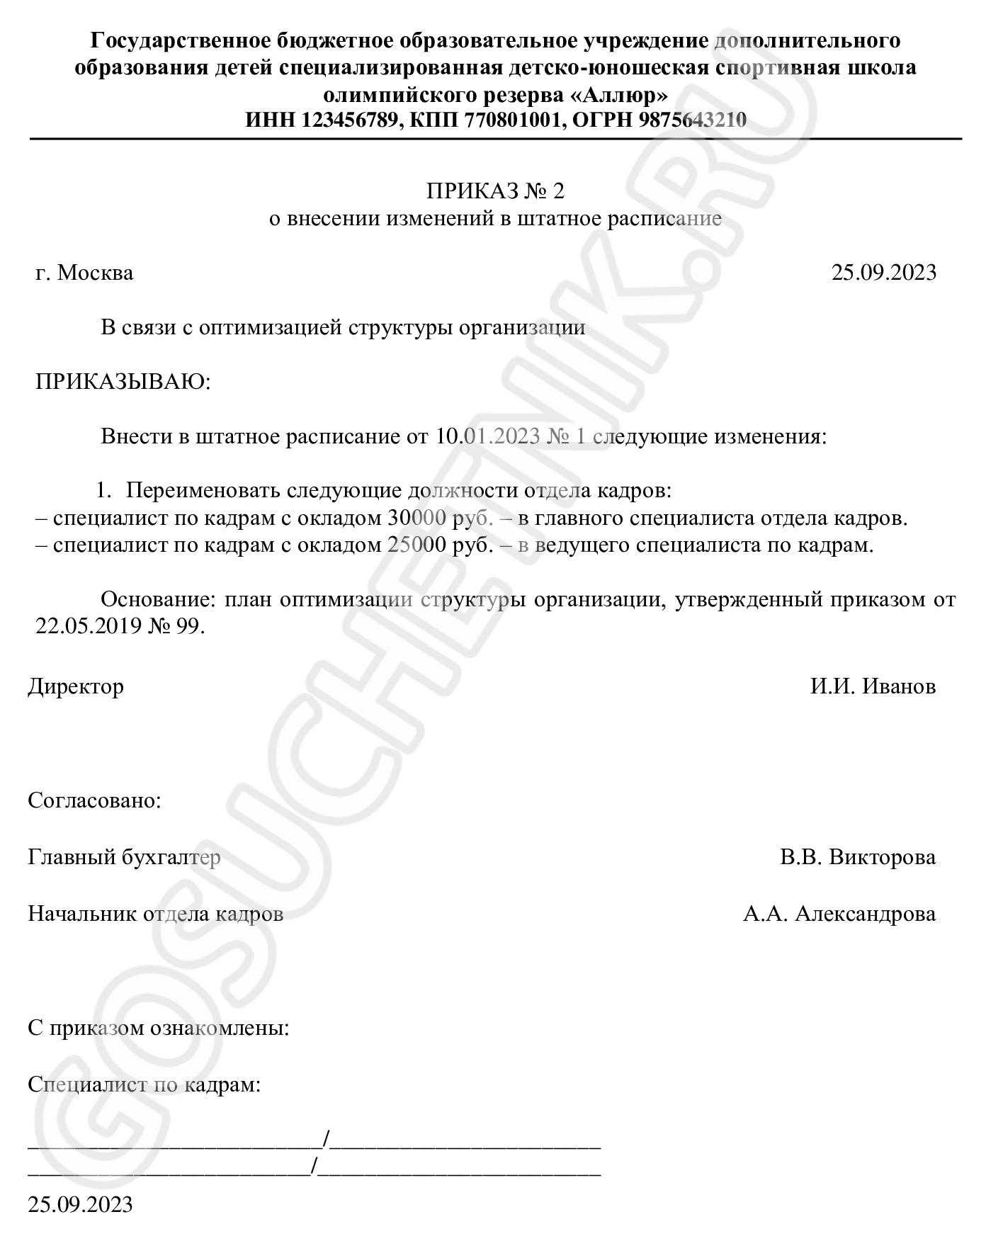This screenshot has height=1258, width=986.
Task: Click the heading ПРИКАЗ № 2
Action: coord(495,191)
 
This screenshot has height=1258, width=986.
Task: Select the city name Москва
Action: coord(95,273)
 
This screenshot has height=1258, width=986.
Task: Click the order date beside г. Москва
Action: coord(883,273)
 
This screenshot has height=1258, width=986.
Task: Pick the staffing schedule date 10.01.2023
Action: coord(487,436)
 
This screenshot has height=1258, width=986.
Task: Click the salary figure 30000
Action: coord(416,518)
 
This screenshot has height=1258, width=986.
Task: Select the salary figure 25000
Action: coord(416,546)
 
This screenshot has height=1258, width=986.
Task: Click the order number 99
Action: coord(188,627)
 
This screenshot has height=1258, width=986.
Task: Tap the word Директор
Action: coord(76,686)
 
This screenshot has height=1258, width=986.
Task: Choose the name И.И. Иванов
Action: coord(873,686)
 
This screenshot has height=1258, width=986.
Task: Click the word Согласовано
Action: coord(93,801)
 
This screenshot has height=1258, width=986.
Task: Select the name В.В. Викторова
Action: coord(857,858)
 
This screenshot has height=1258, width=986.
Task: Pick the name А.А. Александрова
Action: coord(839,914)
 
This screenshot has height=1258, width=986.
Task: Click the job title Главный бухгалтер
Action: coord(124,858)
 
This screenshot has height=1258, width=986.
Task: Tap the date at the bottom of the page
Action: coord(80,1205)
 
